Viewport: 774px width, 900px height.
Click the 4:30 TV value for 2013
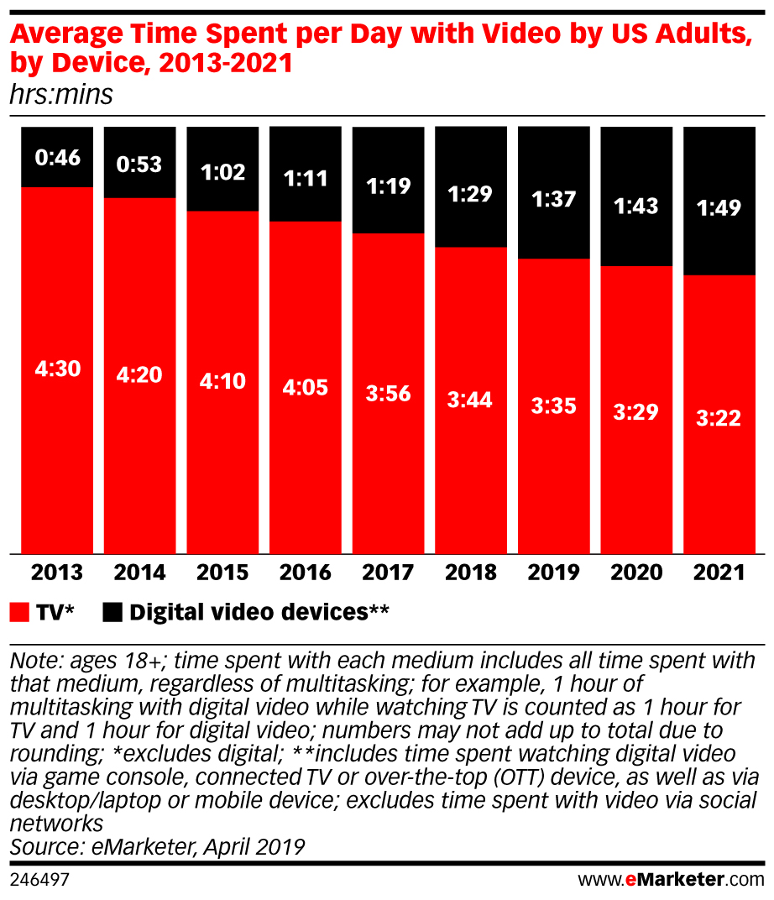point(58,369)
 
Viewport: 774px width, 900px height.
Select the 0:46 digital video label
point(58,157)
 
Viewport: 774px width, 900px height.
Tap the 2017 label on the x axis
point(388,573)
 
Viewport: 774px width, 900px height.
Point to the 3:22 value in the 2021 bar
point(719,417)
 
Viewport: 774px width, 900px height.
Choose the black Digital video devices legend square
point(112,612)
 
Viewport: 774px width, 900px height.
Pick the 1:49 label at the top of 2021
point(719,207)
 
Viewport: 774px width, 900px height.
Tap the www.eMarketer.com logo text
point(672,881)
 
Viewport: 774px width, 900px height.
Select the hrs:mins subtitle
point(60,95)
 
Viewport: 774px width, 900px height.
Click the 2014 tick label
point(140,573)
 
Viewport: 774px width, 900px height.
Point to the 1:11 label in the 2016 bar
point(306,177)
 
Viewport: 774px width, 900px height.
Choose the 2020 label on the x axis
point(635,573)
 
